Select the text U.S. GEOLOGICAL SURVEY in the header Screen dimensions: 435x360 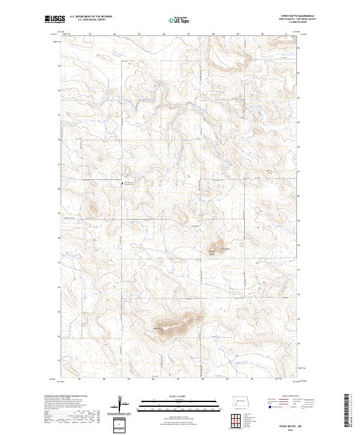[87, 20]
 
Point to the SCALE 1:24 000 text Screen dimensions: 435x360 [171, 395]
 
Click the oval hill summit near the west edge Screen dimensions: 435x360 [92, 208]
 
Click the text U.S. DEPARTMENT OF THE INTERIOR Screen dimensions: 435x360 [89, 17]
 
